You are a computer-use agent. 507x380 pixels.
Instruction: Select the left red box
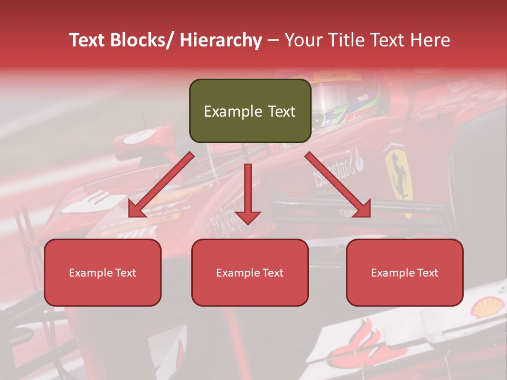point(102,272)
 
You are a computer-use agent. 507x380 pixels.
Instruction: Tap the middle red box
point(250,272)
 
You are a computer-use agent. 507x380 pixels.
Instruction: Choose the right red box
point(405,272)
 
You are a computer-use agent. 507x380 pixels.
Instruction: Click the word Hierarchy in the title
point(220,40)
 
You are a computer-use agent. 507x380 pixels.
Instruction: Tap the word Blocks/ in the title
point(140,40)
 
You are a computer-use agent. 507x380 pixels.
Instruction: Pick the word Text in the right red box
point(428,273)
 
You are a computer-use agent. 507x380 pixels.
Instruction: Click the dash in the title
point(273,40)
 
